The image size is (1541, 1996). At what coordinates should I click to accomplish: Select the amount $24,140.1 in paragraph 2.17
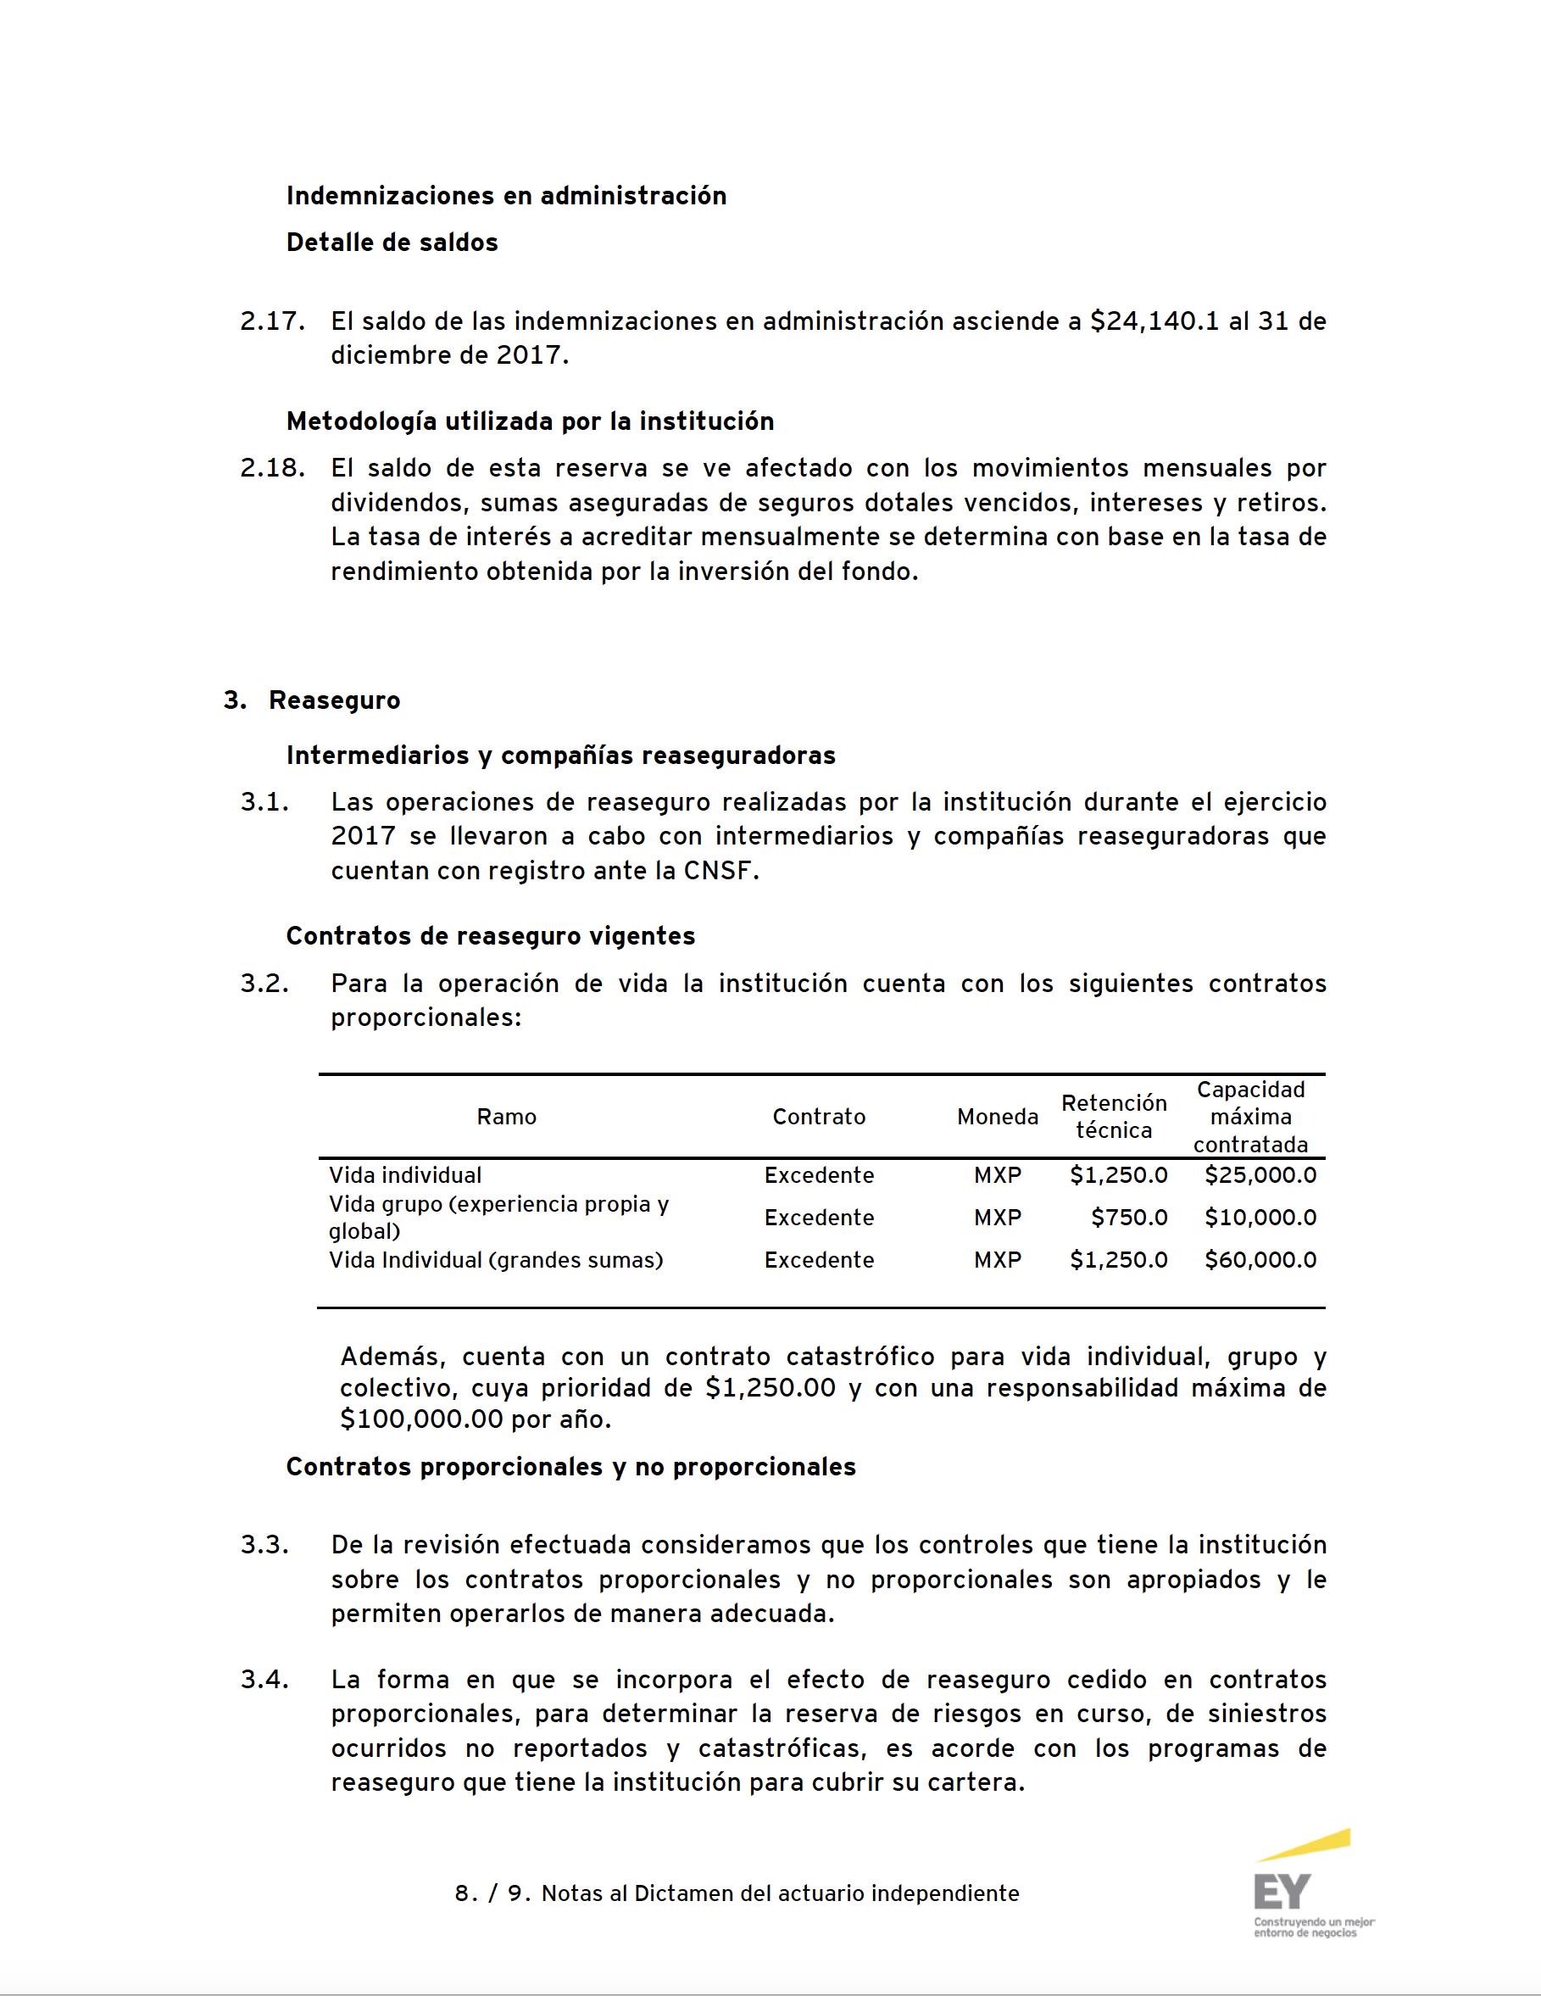(1154, 321)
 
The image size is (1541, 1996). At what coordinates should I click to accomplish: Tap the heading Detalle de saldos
(392, 243)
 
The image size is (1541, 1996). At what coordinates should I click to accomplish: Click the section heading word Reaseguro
(334, 700)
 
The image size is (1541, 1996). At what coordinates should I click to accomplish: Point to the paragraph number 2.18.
(272, 468)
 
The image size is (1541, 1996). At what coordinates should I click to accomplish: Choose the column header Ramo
(506, 1116)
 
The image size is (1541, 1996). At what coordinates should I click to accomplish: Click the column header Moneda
(998, 1116)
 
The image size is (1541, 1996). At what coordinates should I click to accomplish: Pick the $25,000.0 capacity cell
(1260, 1174)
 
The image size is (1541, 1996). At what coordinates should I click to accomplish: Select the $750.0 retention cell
(1129, 1218)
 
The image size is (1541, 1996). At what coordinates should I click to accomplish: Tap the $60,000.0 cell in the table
(1260, 1259)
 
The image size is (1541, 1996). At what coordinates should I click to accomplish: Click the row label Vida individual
(404, 1174)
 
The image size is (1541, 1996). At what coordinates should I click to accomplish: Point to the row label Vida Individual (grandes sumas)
(495, 1259)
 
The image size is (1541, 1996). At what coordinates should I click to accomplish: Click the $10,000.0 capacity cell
(1260, 1218)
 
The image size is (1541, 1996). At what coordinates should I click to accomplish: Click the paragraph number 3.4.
(264, 1679)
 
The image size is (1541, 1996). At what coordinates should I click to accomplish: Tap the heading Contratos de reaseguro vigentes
(491, 936)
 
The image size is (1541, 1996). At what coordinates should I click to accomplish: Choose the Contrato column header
(819, 1116)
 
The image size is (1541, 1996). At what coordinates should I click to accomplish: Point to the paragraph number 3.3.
(264, 1545)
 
